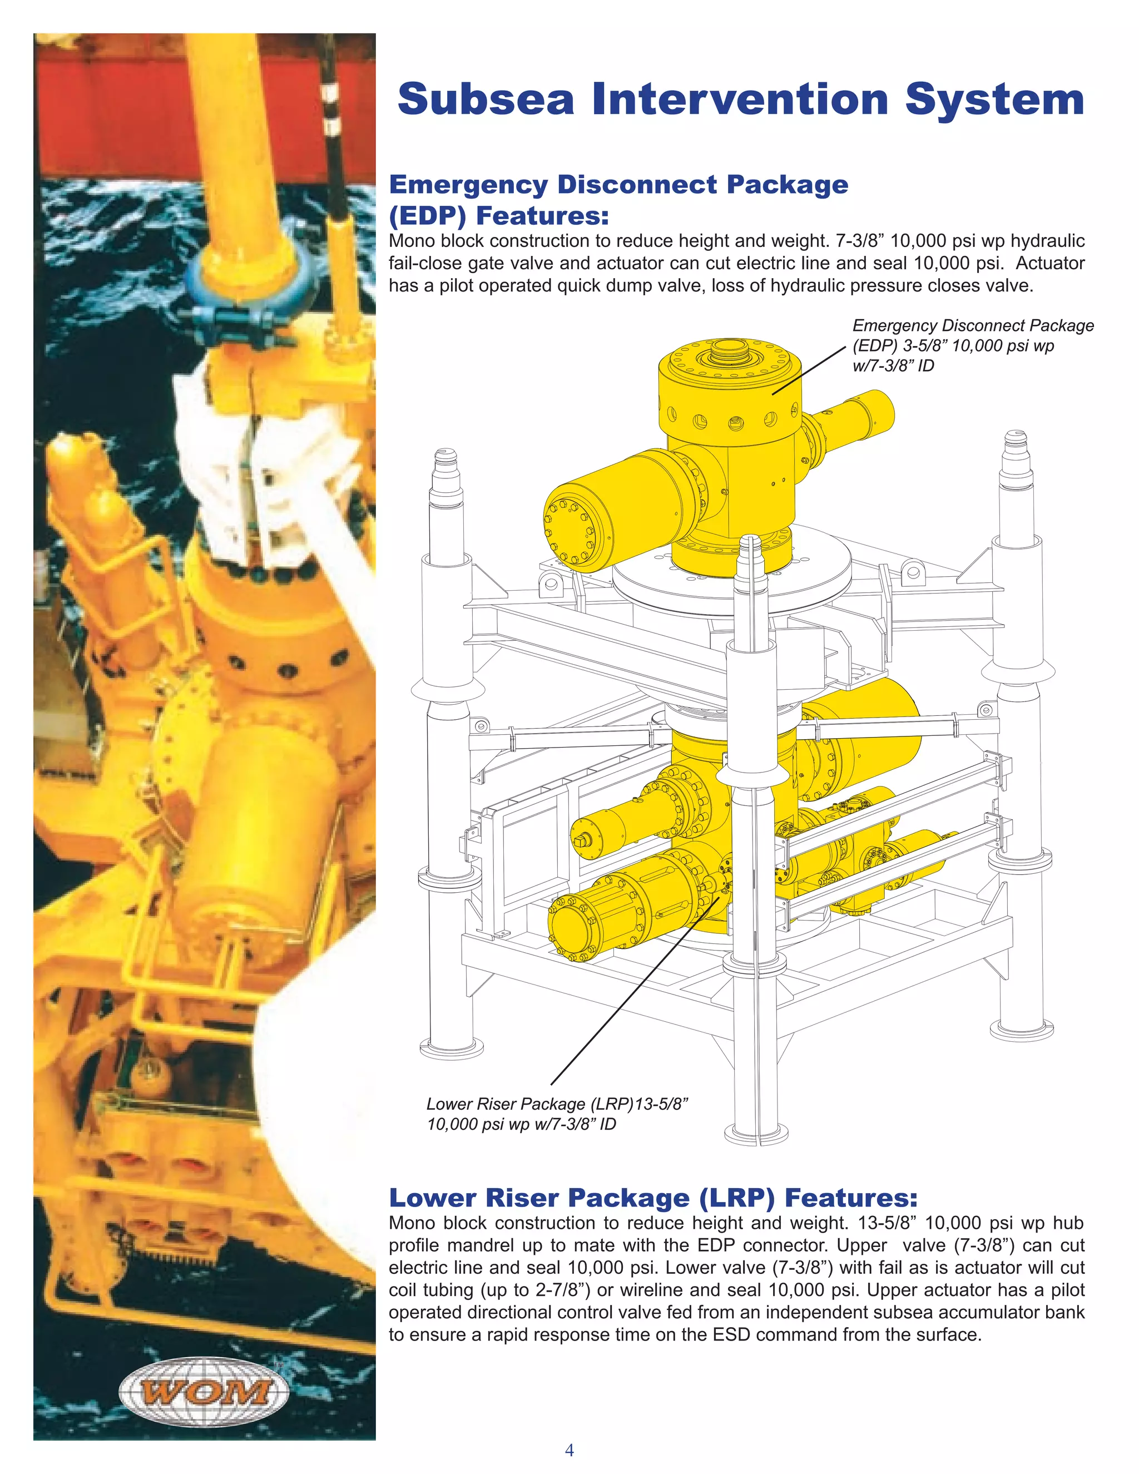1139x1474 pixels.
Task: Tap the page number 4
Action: [x=569, y=1450]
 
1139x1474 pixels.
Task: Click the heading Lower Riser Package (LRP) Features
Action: [x=652, y=1198]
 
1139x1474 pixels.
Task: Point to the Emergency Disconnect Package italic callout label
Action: [x=972, y=345]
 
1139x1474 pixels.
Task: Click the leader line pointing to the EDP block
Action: [x=808, y=371]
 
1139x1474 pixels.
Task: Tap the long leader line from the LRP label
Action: [x=634, y=992]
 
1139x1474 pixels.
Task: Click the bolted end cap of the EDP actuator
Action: [x=571, y=532]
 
